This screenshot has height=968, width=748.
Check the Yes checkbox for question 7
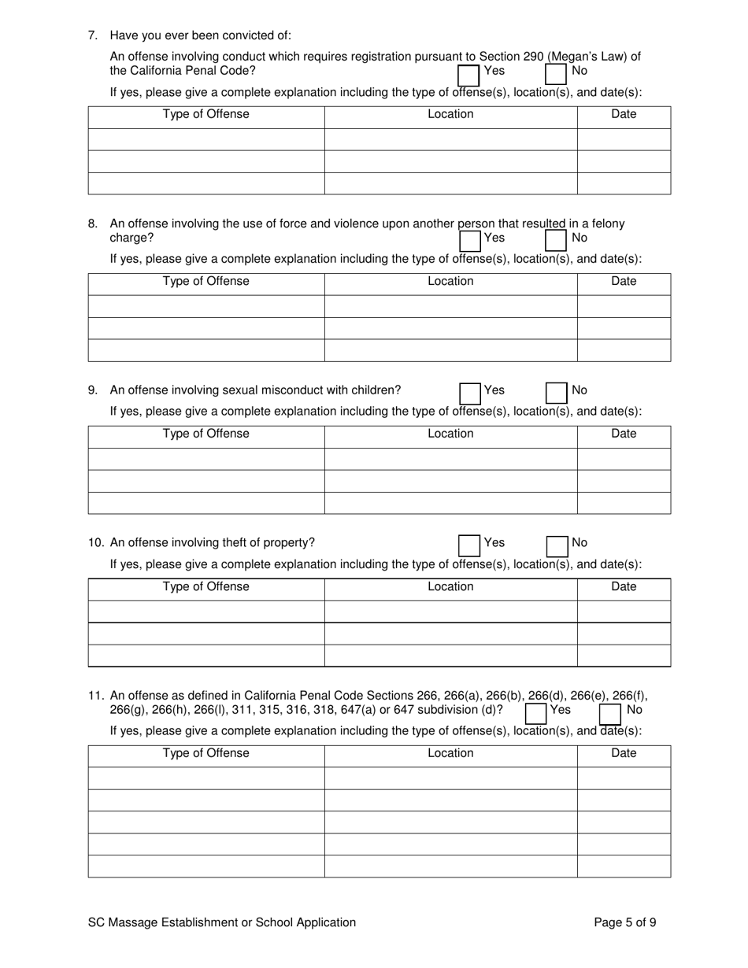click(469, 74)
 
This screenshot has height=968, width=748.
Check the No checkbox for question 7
click(556, 74)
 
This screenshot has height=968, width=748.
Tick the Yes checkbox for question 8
click(469, 240)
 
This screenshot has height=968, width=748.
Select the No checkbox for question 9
click(556, 393)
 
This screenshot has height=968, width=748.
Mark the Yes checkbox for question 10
click(469, 545)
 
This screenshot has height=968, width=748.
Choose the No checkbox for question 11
click(610, 713)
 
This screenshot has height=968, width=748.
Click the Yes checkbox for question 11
click(536, 713)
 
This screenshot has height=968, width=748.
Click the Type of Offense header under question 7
click(206, 114)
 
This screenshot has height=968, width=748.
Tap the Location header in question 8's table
click(450, 281)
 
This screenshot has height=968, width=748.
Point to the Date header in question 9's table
click(624, 434)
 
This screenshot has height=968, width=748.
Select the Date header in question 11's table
click(624, 753)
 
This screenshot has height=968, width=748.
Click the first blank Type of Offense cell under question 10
click(206, 611)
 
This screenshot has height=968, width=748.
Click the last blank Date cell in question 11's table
click(624, 866)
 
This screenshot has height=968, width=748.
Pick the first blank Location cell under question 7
click(450, 139)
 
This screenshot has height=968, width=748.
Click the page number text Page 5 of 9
click(625, 922)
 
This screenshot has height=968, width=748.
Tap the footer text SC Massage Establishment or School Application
click(222, 922)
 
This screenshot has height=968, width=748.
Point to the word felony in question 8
click(605, 224)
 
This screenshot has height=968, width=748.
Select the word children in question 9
click(374, 390)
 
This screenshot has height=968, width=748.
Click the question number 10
click(96, 542)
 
